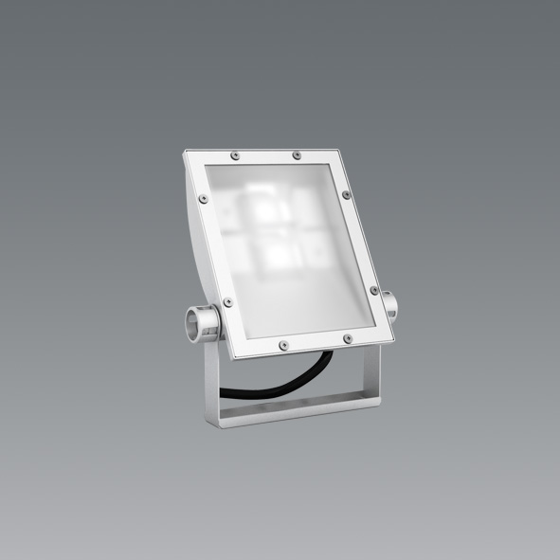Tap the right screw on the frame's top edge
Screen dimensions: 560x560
tap(297, 154)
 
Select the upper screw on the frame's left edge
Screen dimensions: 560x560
tap(203, 198)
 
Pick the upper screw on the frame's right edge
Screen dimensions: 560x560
tap(352, 199)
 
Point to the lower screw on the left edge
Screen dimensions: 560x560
tap(227, 301)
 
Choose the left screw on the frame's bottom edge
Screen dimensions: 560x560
tap(281, 345)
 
